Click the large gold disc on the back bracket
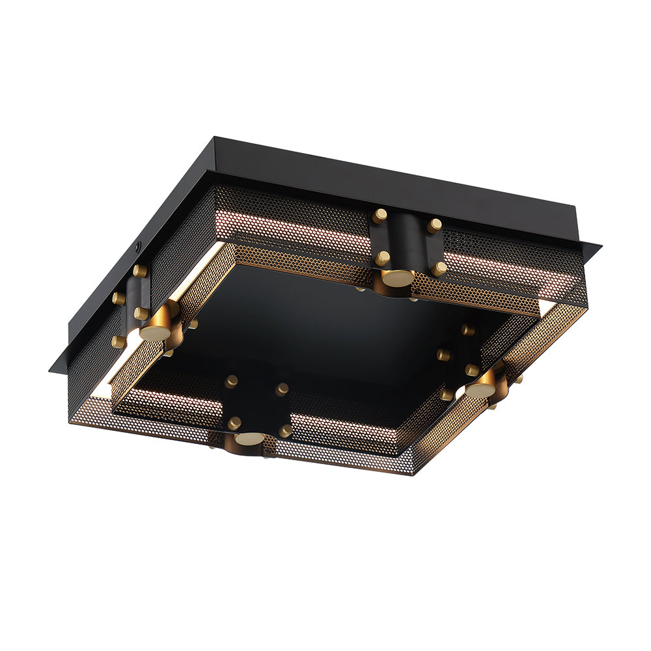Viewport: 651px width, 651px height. tap(397, 277)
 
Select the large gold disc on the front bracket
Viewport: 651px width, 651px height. tap(249, 439)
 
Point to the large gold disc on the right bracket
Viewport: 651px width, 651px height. tap(480, 389)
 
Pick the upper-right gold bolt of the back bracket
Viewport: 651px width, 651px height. tap(434, 225)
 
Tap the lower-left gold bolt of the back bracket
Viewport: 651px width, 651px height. tap(382, 258)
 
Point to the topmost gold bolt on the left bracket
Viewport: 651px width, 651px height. tap(139, 270)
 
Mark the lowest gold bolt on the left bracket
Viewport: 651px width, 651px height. tap(118, 341)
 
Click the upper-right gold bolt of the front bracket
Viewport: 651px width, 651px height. tap(281, 389)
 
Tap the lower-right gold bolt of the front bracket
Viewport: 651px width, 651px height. tap(285, 430)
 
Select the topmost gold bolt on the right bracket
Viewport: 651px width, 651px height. tap(467, 329)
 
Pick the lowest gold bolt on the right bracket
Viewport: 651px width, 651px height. tap(447, 394)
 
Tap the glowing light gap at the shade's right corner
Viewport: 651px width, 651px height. tap(546, 305)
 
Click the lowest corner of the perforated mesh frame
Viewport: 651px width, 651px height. tap(411, 473)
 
